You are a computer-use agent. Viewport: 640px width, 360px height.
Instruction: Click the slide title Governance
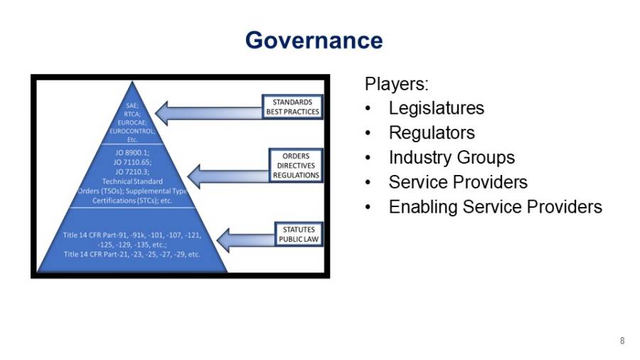pyautogui.click(x=314, y=41)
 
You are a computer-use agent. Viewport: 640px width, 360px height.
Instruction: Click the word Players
pyautogui.click(x=396, y=84)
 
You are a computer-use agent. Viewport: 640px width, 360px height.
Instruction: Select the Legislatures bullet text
pyautogui.click(x=436, y=108)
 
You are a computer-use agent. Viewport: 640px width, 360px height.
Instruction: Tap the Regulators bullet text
pyautogui.click(x=431, y=133)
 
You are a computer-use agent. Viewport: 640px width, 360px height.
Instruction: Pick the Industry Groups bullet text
pyautogui.click(x=451, y=157)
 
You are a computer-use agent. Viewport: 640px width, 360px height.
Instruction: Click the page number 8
pyautogui.click(x=622, y=342)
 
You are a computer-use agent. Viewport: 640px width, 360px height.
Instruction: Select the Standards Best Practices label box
pyautogui.click(x=292, y=107)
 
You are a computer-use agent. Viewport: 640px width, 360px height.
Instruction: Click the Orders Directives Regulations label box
pyautogui.click(x=296, y=166)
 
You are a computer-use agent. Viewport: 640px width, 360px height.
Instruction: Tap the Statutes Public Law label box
pyautogui.click(x=298, y=235)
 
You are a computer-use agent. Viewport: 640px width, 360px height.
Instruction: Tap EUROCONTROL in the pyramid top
pyautogui.click(x=132, y=131)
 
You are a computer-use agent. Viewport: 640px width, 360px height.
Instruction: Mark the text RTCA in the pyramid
pyautogui.click(x=132, y=114)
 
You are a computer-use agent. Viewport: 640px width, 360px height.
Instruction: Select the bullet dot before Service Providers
pyautogui.click(x=367, y=183)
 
